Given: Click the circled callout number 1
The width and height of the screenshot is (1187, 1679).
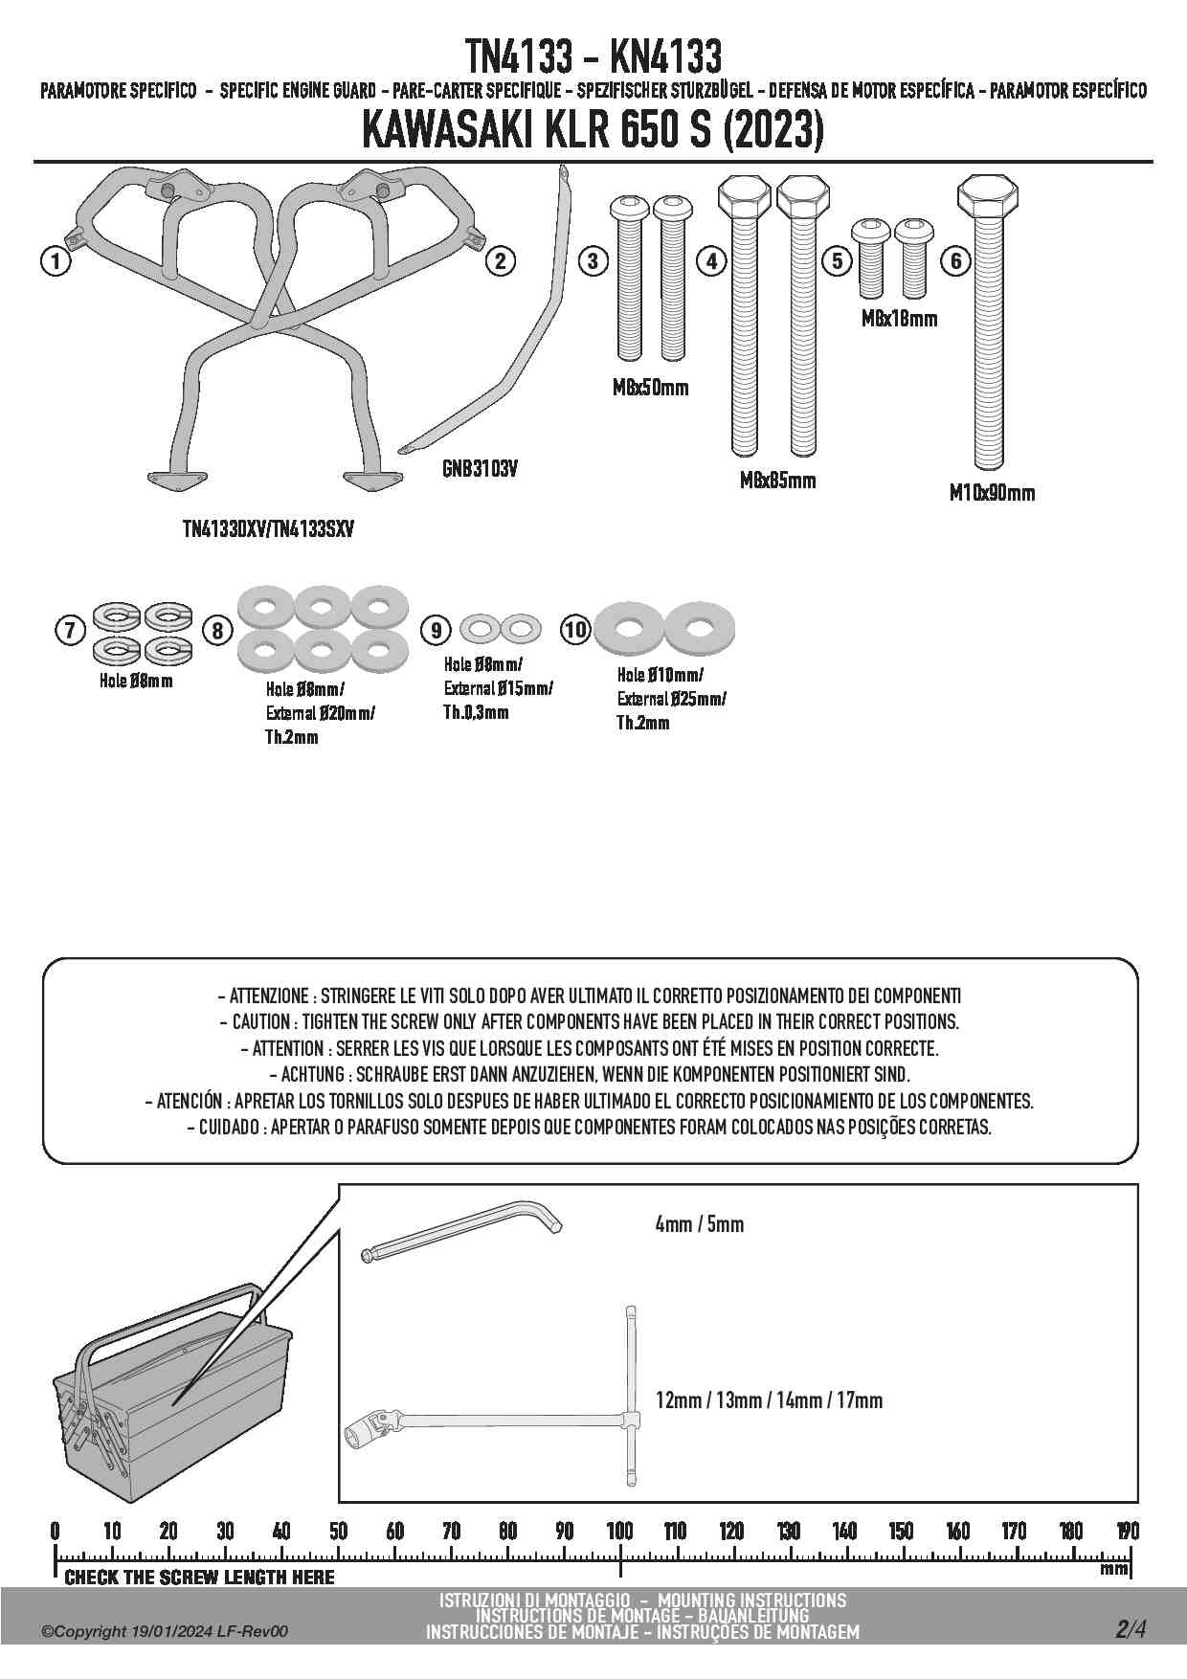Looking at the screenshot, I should coord(56,261).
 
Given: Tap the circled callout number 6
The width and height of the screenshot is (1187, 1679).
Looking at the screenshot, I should coord(955,261).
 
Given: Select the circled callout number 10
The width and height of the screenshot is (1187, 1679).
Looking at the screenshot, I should coord(575,629).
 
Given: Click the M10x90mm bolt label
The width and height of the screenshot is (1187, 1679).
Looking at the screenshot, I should coord(992,493).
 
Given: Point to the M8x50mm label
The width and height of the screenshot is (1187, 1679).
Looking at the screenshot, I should coord(650,388).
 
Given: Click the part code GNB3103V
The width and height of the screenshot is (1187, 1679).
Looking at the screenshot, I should coord(480,470).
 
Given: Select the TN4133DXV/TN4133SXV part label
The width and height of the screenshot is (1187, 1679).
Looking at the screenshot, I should coord(267,528).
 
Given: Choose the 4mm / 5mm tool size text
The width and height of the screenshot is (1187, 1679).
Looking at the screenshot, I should coord(699,1224).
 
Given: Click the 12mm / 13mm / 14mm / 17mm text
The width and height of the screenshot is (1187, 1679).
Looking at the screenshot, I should coord(769,1400).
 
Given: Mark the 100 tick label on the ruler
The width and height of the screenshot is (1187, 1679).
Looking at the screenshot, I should coord(619,1531).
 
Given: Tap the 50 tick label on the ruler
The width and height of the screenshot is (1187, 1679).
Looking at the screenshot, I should coord(338,1531).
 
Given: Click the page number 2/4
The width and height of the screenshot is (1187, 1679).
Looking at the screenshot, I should coord(1130,1628).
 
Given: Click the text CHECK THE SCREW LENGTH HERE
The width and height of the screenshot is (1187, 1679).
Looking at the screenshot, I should coord(199,1578).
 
